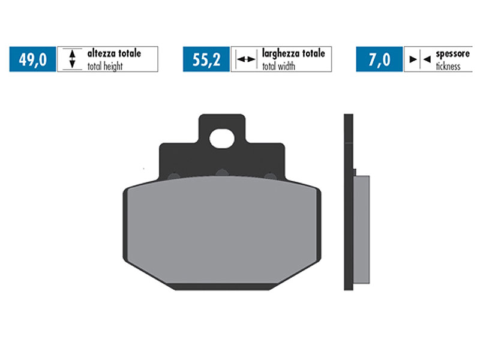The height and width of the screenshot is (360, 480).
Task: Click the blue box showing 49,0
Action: coord(32,59)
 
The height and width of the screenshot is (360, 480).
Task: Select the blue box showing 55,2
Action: coord(206,59)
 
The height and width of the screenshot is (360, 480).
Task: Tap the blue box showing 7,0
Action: coord(379,59)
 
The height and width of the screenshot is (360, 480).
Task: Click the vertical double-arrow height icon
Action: coord(72,59)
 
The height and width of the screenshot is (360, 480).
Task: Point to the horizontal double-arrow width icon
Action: coord(245,59)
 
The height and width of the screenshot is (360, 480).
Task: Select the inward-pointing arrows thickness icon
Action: coord(419,59)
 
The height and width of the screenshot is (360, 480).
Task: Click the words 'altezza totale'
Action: coord(114,53)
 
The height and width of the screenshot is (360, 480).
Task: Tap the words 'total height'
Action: coord(105,66)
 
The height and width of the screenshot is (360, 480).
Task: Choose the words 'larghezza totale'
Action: coord(293,53)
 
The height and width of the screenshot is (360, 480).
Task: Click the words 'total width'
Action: coord(278,66)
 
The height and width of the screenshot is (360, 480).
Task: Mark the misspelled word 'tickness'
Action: coord(448,66)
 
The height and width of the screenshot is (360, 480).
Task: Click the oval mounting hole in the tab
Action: coord(221,137)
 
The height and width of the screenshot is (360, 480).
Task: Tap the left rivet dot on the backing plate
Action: coord(173,176)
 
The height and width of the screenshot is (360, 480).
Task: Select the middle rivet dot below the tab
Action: coord(221,173)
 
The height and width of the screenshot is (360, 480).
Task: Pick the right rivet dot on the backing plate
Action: coord(270,176)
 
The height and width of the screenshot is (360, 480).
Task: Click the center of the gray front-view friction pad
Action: coord(221,231)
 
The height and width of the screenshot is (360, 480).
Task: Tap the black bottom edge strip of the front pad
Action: coord(221,287)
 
